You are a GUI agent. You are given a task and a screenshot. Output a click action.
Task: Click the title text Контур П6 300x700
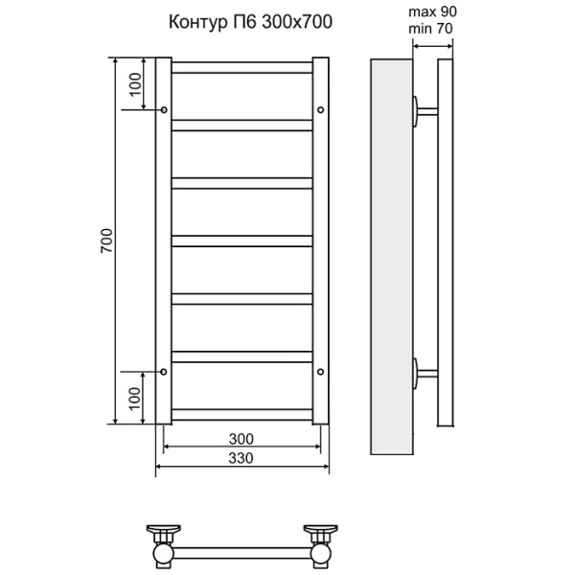tap(251, 24)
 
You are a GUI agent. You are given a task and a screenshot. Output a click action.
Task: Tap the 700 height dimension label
tap(107, 242)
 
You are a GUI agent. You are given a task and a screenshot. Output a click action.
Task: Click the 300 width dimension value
tap(241, 438)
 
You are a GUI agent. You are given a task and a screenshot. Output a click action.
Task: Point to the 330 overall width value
tap(241, 458)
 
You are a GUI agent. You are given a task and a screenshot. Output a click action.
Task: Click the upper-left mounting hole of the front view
tap(164, 109)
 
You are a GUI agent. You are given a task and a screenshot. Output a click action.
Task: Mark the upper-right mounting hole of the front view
tap(320, 109)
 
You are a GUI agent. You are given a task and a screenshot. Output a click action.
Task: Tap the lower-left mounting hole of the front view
tap(164, 371)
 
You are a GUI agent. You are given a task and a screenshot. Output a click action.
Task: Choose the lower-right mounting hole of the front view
tap(320, 371)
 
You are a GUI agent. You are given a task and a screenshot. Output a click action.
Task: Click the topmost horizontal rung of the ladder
tap(241, 67)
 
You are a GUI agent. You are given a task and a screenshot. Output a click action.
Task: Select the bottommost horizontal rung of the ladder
tap(241, 415)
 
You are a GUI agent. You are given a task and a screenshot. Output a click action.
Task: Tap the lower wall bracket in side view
tap(423, 371)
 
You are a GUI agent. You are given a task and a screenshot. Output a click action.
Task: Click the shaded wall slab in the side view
tap(390, 259)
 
